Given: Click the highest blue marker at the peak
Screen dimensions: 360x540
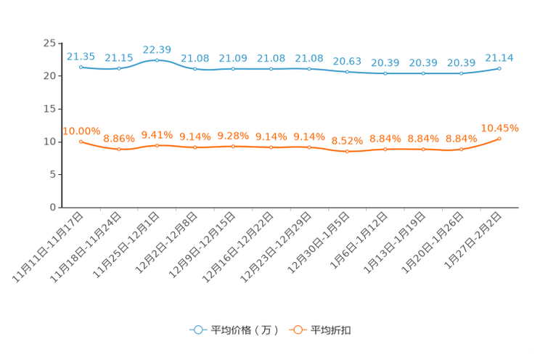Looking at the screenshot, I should tap(157, 60).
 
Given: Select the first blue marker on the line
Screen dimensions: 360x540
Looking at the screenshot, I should tap(81, 67).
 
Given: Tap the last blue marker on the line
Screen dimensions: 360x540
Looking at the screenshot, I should tap(499, 68).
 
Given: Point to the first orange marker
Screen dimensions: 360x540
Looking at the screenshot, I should tap(81, 142).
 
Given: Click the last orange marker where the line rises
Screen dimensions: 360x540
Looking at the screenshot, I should tap(499, 138).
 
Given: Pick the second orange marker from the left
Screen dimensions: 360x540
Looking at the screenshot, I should tap(119, 149).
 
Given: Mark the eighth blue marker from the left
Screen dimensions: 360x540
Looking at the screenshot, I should tap(347, 72).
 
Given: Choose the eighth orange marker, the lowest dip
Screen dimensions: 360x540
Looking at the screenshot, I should tap(347, 152).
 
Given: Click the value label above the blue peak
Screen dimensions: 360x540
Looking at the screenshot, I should tap(157, 49).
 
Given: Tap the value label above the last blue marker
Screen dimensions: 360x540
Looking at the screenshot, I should tap(499, 57).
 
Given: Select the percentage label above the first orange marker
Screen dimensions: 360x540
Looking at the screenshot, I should tap(81, 131).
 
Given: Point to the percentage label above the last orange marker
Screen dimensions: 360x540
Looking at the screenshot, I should tap(499, 127).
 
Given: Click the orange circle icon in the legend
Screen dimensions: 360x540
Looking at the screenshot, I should tap(297, 330).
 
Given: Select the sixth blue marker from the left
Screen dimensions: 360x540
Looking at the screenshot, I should tap(271, 69).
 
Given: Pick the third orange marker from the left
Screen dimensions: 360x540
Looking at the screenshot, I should tap(157, 145).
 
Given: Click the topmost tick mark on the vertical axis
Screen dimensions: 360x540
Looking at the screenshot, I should tap(58, 43).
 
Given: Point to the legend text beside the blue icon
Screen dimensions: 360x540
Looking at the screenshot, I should tap(244, 330).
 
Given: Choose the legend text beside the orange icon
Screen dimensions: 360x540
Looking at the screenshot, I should tap(332, 330).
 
